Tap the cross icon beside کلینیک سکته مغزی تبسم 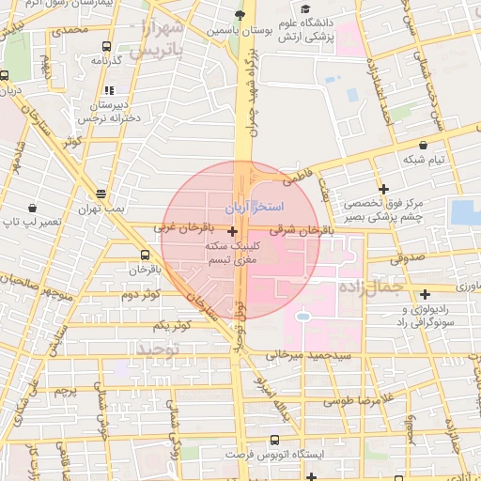[232, 229]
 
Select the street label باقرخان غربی [179, 227]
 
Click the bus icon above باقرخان [145, 255]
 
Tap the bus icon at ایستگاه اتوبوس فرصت [274, 440]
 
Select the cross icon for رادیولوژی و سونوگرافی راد [426, 294]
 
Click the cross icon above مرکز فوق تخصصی [383, 189]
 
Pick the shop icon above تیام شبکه [425, 146]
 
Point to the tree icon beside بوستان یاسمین [240, 16]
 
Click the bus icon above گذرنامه [105, 45]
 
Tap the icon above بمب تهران [101, 193]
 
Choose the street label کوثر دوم [143, 294]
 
